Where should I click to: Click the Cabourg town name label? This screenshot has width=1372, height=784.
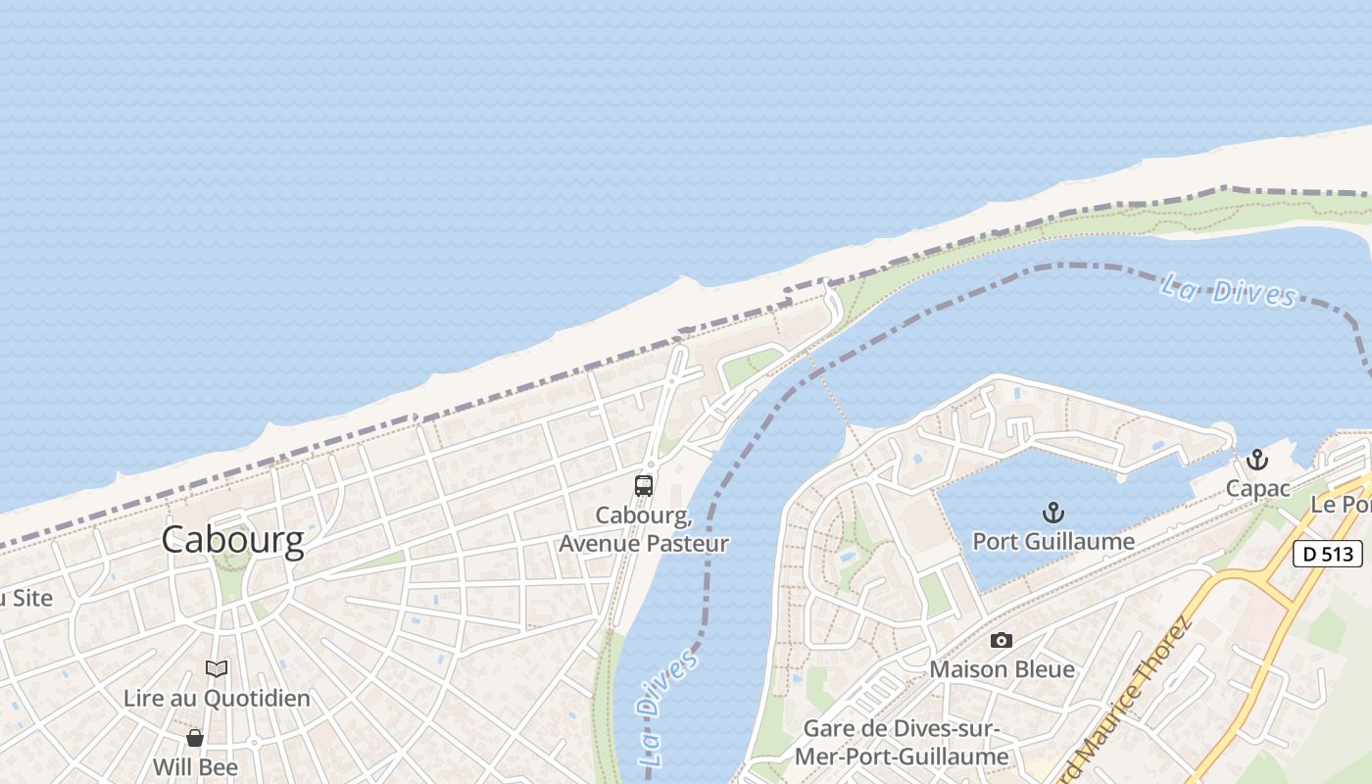(x=232, y=540)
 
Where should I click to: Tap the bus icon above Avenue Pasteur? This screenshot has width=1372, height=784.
(x=644, y=485)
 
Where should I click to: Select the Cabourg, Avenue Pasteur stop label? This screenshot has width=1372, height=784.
(x=644, y=529)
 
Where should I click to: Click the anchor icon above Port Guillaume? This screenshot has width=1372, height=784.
(x=1053, y=513)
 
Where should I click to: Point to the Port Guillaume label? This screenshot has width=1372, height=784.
(x=1053, y=541)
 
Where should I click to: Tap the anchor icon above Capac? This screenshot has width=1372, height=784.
(x=1257, y=460)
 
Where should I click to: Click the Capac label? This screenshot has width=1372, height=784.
(x=1257, y=488)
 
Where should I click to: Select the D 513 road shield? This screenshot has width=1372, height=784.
(x=1328, y=554)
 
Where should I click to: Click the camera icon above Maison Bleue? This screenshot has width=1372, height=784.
(x=1001, y=640)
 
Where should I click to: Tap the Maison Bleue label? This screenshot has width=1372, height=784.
(x=1002, y=669)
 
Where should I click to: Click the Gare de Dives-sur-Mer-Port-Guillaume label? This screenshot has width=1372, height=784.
(x=901, y=743)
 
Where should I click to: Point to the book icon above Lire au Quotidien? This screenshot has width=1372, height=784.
(x=217, y=668)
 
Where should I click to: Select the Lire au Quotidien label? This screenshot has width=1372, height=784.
(x=217, y=699)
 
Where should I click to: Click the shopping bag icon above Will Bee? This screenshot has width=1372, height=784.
(x=195, y=737)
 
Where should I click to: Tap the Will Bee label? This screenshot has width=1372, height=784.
(x=195, y=766)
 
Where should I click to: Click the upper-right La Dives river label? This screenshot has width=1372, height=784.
(x=1228, y=291)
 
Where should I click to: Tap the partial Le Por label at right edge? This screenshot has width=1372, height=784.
(x=1341, y=505)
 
